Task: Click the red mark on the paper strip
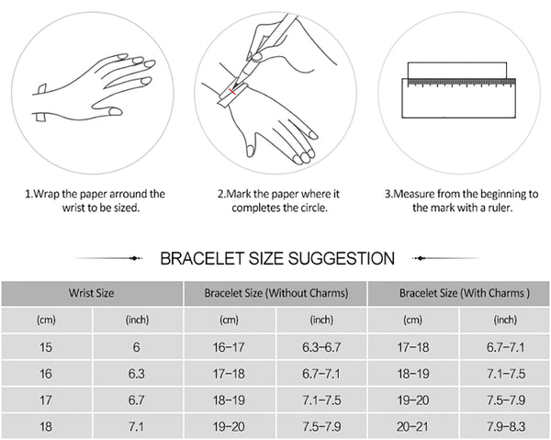232,92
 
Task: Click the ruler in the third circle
458,98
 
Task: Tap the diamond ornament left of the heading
134,259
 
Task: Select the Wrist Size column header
92,293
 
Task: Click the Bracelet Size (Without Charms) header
275,293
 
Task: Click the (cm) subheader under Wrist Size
47,320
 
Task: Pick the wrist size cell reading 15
47,347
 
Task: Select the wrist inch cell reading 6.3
137,374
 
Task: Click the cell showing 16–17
229,347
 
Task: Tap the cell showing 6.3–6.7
321,347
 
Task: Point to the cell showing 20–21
413,426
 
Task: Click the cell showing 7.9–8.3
506,426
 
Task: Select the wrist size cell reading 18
47,426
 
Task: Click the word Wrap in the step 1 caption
47,194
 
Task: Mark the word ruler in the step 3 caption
500,208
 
